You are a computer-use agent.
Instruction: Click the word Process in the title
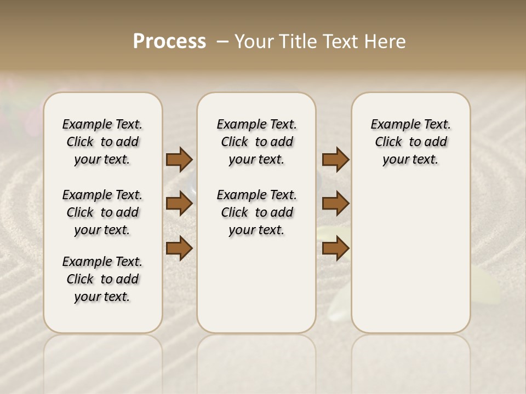point(169,42)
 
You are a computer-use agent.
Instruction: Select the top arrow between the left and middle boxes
point(179,160)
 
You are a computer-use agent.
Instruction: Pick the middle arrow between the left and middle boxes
point(179,204)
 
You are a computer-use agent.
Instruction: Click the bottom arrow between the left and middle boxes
point(179,248)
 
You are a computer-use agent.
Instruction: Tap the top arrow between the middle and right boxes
point(335,160)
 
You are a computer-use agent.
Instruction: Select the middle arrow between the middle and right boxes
point(335,204)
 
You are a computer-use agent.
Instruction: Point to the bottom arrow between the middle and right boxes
point(335,248)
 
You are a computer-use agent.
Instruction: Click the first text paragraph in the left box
point(102,142)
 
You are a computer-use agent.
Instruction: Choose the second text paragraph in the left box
point(102,212)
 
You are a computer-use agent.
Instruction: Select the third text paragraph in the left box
point(102,279)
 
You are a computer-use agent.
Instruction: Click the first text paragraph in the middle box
point(256,142)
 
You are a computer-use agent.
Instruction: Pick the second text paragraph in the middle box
point(256,212)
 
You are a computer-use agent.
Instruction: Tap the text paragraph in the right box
point(410,142)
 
